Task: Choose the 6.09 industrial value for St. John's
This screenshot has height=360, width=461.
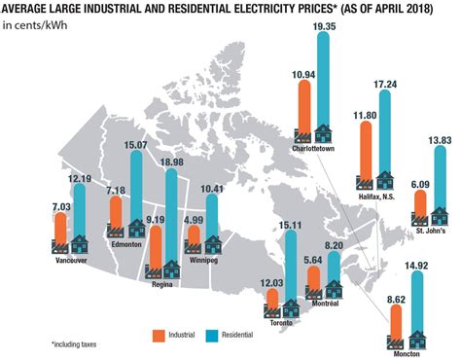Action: click(x=419, y=184)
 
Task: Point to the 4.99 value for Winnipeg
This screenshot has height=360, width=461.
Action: click(x=194, y=220)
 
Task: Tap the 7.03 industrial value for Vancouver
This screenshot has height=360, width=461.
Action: click(x=60, y=205)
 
